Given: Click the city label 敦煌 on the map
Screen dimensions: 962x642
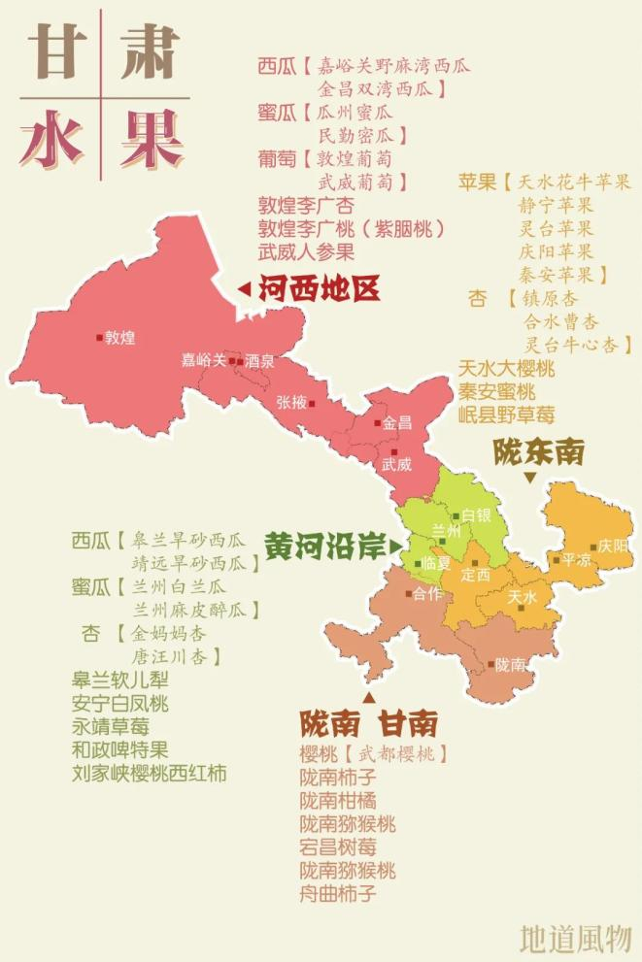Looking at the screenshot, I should click(x=120, y=338).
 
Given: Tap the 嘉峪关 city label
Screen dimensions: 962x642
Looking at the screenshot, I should click(x=203, y=360).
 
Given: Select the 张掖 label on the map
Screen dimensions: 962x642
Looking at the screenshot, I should click(x=290, y=402).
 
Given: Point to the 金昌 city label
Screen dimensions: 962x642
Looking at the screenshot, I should click(x=397, y=423).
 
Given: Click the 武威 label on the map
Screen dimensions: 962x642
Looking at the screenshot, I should click(x=396, y=464).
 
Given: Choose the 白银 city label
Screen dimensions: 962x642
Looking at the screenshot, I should click(x=476, y=515).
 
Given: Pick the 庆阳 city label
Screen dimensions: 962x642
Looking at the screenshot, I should click(x=614, y=547).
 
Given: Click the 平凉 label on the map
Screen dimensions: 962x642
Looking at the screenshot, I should click(x=575, y=559).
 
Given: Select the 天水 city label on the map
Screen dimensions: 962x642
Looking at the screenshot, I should click(x=522, y=597).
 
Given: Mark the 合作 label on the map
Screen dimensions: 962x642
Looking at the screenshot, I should click(x=427, y=593).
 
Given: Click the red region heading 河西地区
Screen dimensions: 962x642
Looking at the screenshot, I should click(x=319, y=288).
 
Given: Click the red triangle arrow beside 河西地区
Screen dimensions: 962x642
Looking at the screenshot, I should click(x=244, y=288).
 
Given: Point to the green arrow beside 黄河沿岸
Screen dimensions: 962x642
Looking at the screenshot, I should click(x=395, y=547).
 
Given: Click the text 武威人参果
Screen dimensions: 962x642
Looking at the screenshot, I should click(x=306, y=252).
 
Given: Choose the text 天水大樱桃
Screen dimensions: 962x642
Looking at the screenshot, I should click(x=506, y=369).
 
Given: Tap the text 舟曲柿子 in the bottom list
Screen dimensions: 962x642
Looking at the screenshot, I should click(x=338, y=894).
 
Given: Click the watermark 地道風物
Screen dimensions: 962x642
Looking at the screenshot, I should click(x=575, y=938).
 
